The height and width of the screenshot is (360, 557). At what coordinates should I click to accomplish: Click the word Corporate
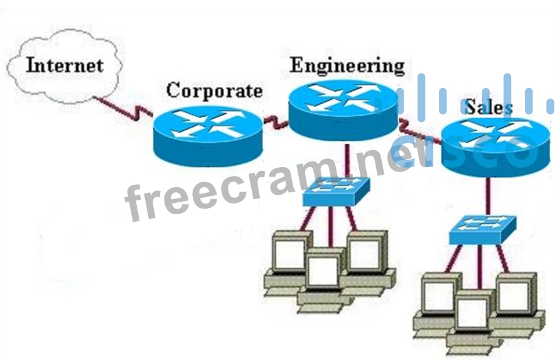click(214, 91)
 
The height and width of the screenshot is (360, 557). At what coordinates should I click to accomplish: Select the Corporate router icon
click(207, 133)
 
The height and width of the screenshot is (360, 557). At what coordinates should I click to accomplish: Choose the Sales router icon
click(490, 146)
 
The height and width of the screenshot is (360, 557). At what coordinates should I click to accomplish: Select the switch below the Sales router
click(482, 230)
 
